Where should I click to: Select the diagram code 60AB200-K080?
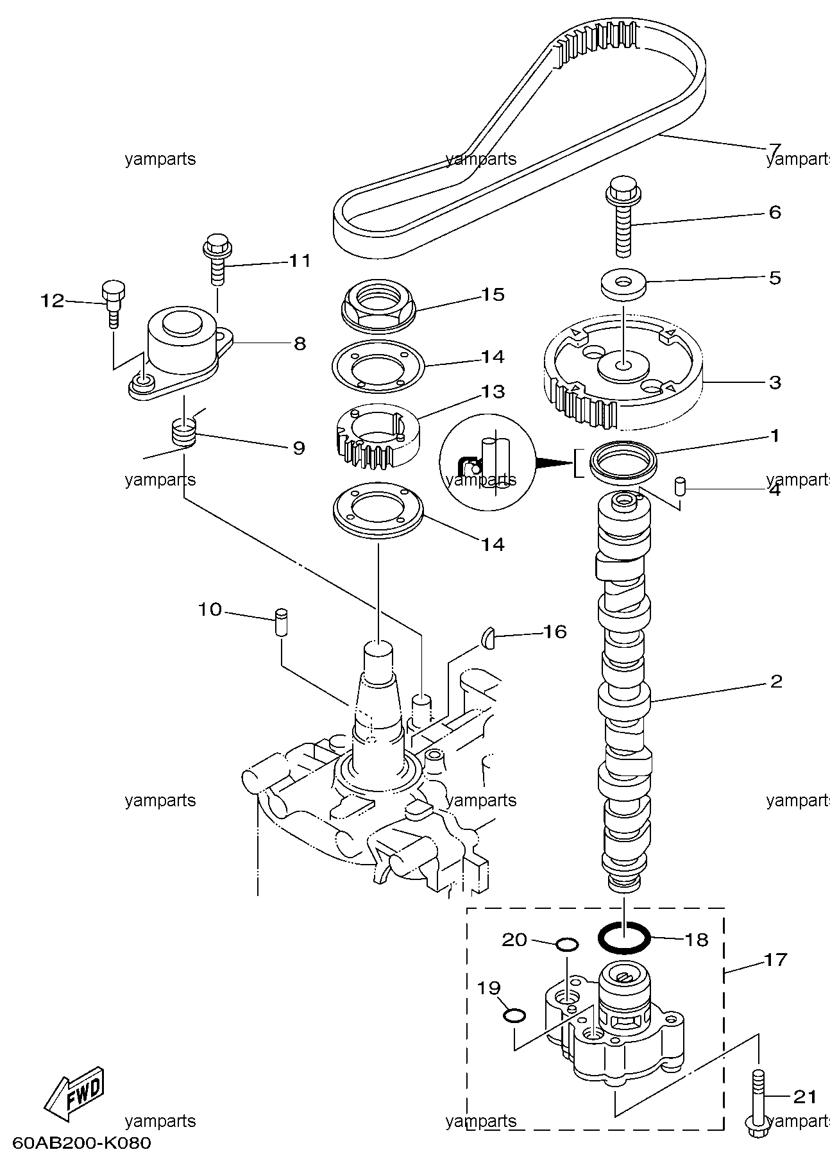click(81, 1144)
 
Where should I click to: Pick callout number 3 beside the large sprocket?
click(775, 382)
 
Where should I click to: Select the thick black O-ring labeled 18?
click(624, 938)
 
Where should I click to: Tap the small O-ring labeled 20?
click(567, 944)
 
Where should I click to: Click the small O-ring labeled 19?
click(514, 1015)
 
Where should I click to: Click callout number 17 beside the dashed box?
click(775, 960)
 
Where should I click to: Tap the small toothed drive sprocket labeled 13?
click(378, 436)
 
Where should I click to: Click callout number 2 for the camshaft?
click(776, 681)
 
